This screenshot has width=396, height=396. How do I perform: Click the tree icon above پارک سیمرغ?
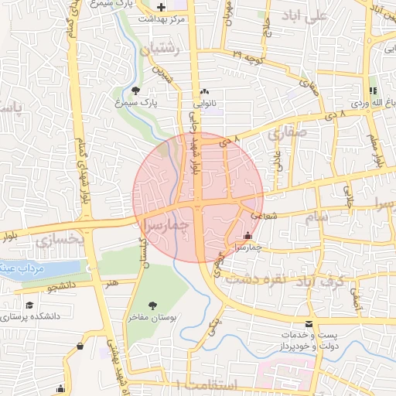(136, 90)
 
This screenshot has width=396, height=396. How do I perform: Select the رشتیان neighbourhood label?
(161, 49)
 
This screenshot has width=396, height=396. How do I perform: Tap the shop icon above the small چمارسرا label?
(247, 235)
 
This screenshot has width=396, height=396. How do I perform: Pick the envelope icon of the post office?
(309, 323)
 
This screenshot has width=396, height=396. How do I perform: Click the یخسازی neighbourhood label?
(59, 241)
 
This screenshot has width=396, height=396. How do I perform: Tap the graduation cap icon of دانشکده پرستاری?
(29, 306)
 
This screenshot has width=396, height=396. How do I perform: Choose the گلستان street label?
(142, 251)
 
